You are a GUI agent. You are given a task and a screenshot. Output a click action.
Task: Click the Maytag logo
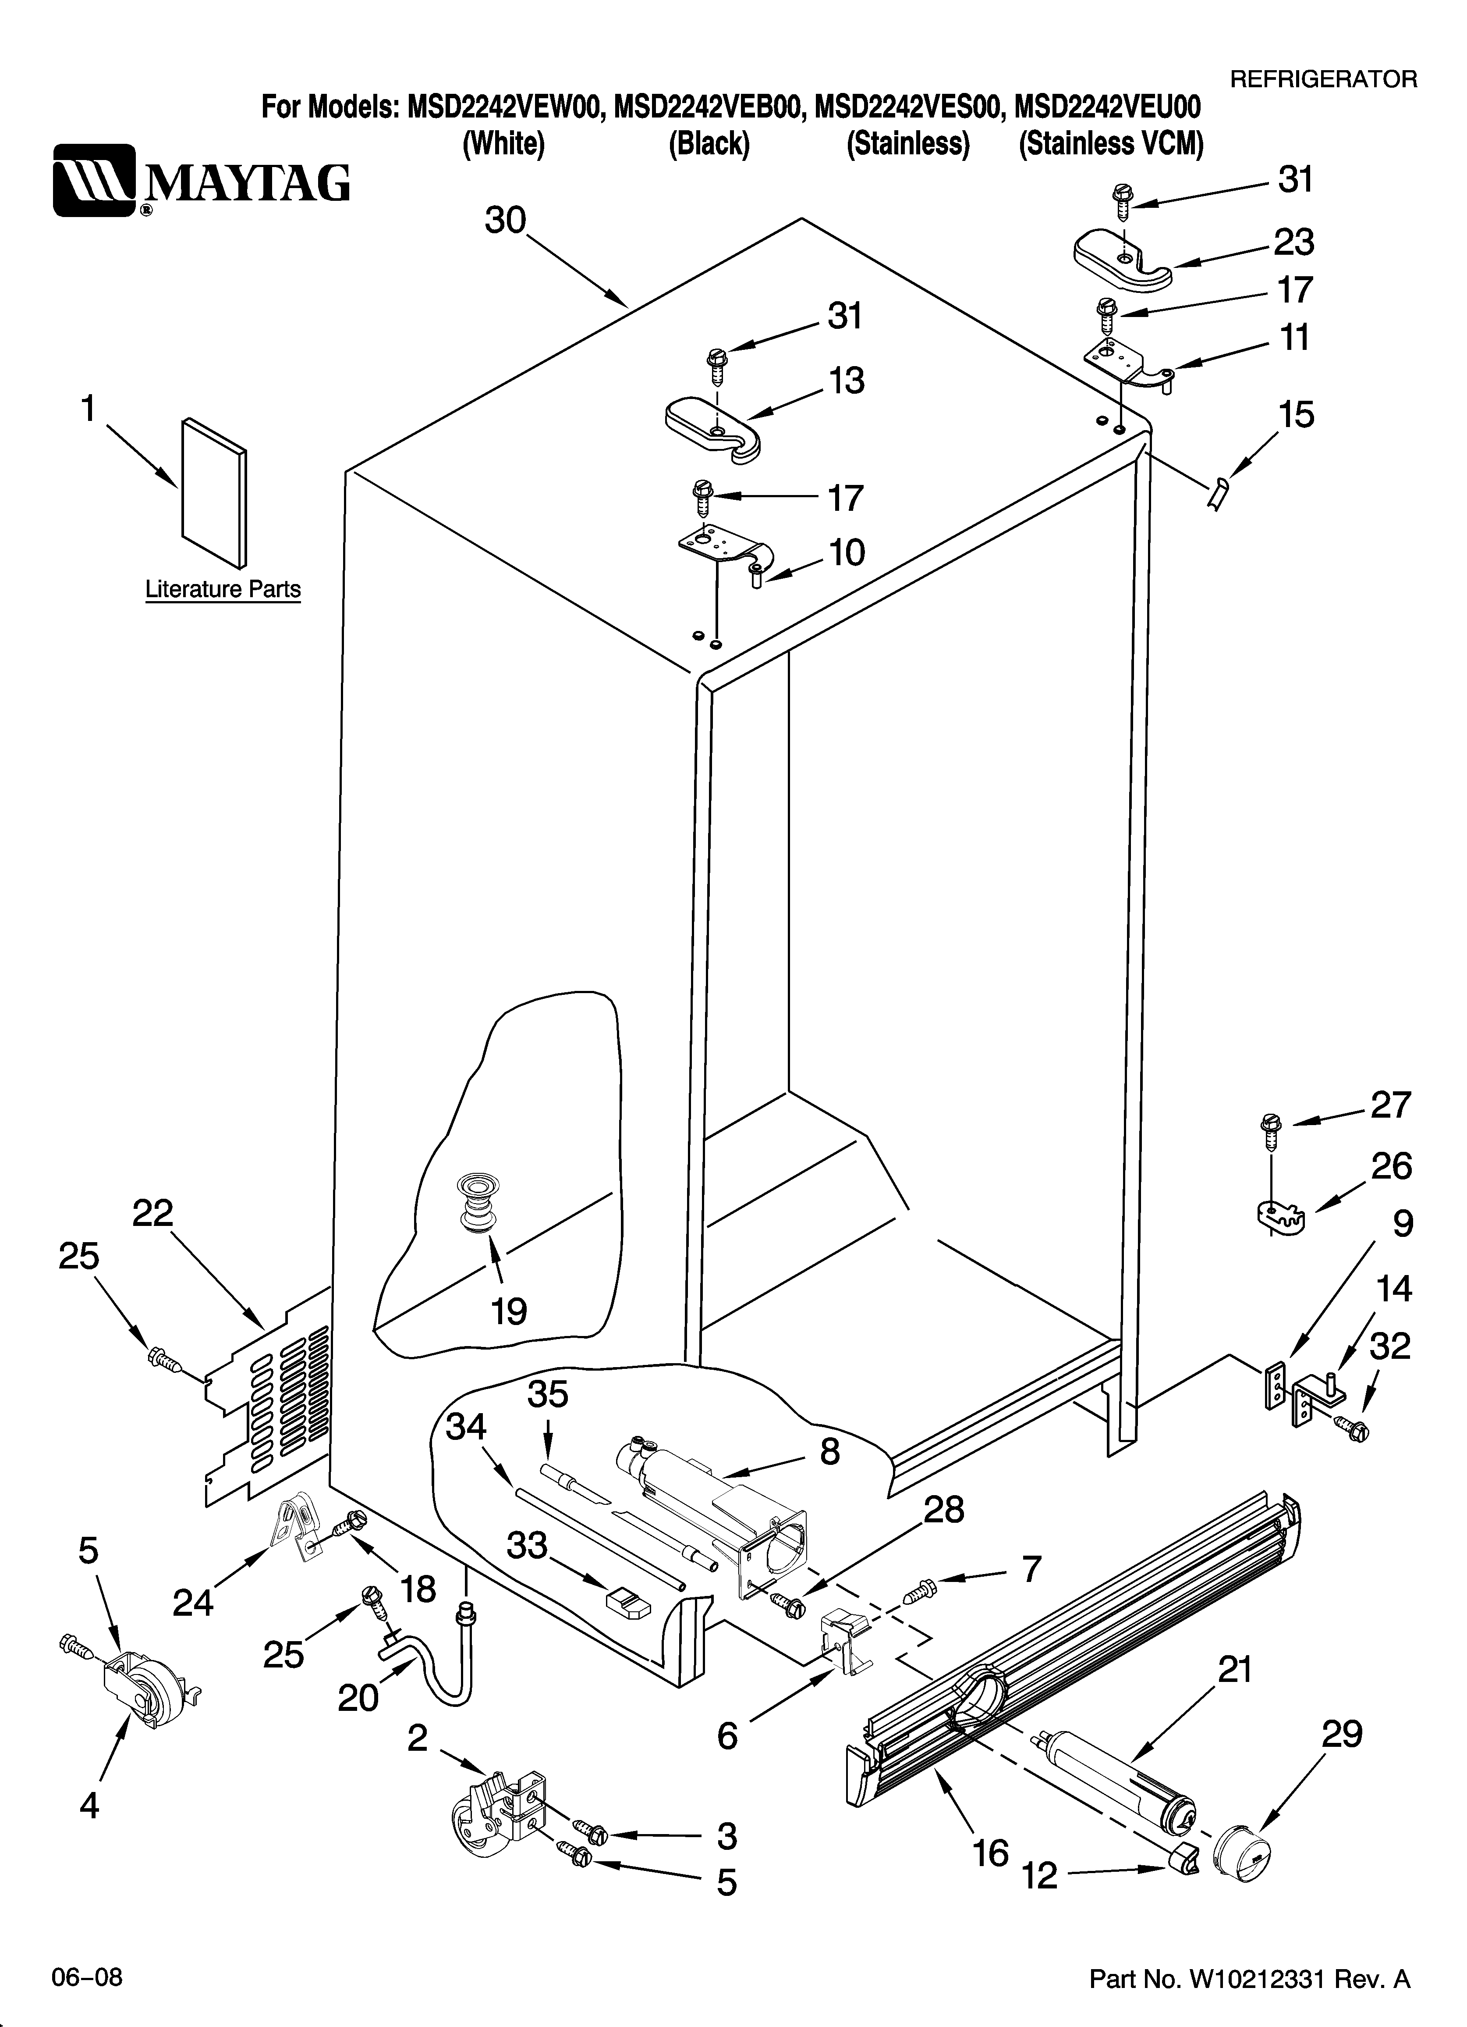(201, 182)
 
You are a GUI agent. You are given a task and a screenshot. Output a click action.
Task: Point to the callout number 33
(527, 1544)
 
